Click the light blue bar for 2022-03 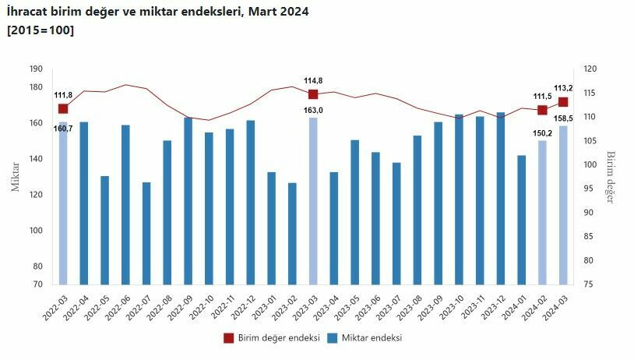[x=63, y=203]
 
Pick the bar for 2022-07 [x=146, y=233]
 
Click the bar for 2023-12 [x=500, y=199]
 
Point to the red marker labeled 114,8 [x=313, y=94]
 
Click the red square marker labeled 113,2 [x=563, y=102]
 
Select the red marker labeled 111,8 [x=63, y=108]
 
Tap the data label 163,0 [x=313, y=111]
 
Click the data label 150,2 [x=542, y=132]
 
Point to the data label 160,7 [x=63, y=129]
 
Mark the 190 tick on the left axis [x=36, y=69]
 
